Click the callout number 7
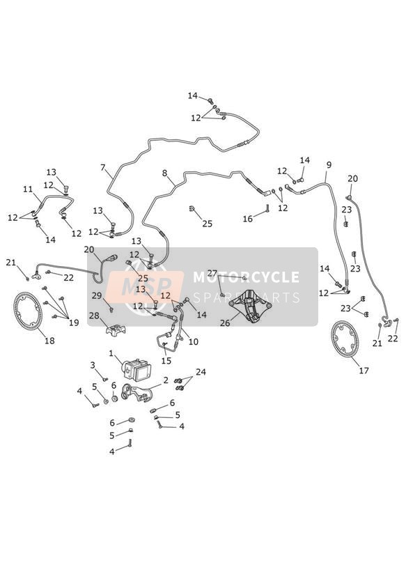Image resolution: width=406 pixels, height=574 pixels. point(103,168)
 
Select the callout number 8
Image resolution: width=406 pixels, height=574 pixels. point(165,173)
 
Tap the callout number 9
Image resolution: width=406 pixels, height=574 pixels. point(329,164)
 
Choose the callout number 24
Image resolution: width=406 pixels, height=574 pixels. point(201,372)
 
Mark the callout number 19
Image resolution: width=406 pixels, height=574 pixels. point(74,323)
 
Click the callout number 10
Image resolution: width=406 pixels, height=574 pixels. point(194,341)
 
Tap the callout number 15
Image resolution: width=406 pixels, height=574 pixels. point(166,361)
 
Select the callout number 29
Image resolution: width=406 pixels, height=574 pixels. point(97,295)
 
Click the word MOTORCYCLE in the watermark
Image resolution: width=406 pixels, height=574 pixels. point(246,277)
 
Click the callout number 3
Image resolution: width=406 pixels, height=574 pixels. point(93,365)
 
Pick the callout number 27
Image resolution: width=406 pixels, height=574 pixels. point(212,273)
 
